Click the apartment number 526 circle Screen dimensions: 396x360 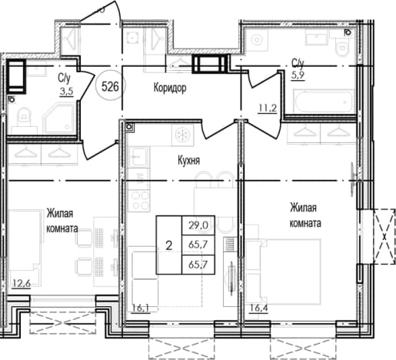pos(110,87)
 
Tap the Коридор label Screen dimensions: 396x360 pos(170,88)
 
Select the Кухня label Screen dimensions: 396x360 pos(188,161)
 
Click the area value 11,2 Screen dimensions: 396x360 pos(268,108)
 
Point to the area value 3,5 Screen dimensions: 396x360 pos(67,92)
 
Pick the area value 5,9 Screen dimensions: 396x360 pos(298,75)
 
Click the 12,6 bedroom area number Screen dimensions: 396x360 pos(22,284)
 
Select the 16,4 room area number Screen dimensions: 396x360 pos(258,308)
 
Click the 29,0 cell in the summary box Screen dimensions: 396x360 pos(198,225)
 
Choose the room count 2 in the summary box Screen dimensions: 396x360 pos(169,246)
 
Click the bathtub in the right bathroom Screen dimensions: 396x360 pos(324,101)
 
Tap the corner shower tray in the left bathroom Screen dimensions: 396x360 pos(59,118)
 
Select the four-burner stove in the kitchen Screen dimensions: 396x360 pos(139,201)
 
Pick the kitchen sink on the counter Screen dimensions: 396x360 pos(138,157)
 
